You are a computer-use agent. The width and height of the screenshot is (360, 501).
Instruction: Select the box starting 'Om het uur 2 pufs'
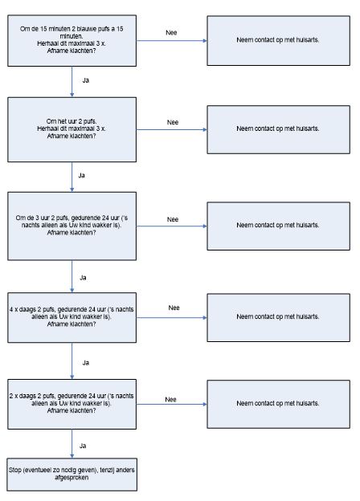tap(72, 129)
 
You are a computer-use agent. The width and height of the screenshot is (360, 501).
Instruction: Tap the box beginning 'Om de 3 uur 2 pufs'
tap(72, 226)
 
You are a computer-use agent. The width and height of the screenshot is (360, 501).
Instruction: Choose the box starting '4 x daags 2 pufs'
tap(72, 318)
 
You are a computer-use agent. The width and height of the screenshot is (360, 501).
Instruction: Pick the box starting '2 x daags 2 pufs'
tap(72, 404)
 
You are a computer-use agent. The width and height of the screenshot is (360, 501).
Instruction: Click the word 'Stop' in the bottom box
tap(14, 470)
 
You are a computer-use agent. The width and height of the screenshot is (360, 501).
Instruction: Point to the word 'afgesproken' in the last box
tap(72, 478)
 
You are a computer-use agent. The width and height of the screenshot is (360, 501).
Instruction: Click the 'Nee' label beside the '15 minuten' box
tap(171, 33)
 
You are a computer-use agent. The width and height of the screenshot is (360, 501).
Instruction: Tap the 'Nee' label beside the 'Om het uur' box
tap(173, 122)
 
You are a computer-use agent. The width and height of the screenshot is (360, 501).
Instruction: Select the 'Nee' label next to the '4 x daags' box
tap(174, 308)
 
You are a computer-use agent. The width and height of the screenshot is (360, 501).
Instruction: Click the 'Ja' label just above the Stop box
tap(83, 446)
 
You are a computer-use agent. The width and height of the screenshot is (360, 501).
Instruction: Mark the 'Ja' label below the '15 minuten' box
tap(86, 80)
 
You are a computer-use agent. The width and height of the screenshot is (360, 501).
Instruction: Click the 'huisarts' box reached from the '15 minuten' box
tap(279, 41)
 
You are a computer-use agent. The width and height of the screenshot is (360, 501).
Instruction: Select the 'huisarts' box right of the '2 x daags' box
tap(279, 404)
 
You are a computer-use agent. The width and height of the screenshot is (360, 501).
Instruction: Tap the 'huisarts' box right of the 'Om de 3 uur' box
tap(279, 226)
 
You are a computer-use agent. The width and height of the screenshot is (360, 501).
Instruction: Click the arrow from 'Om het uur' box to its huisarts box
tap(172, 130)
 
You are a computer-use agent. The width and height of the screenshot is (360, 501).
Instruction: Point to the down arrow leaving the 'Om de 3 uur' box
tap(72, 276)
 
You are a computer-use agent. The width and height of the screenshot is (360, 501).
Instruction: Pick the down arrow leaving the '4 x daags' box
tap(72, 361)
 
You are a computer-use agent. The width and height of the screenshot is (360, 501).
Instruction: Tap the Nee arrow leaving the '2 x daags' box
tap(172, 404)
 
